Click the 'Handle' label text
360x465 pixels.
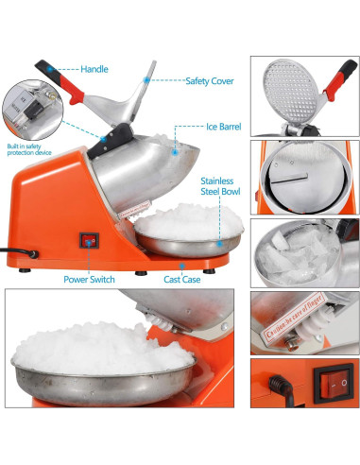coord(95,69)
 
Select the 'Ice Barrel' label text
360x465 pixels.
coord(227,126)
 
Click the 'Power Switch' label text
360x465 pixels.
coord(90,280)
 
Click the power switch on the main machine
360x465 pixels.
coord(89,242)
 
